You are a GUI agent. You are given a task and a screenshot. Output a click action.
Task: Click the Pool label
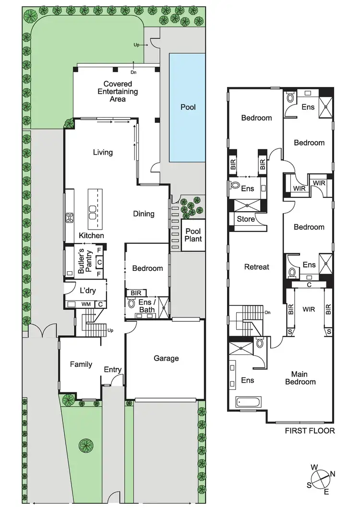(188, 107)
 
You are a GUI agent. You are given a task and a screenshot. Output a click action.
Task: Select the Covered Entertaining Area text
(118, 91)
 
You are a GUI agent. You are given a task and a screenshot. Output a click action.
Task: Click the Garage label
(166, 358)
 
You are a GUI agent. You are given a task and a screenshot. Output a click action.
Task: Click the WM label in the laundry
(86, 304)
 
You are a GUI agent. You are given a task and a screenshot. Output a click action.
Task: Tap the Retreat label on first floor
(257, 267)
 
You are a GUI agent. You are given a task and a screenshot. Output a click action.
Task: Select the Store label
(246, 219)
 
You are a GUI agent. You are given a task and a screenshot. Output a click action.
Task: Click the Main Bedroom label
(300, 378)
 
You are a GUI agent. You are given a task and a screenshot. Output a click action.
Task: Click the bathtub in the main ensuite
(248, 401)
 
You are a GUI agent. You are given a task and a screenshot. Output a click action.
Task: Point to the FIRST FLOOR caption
(310, 431)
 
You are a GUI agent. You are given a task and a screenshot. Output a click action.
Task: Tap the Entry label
(113, 370)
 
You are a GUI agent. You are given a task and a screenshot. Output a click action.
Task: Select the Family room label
(81, 364)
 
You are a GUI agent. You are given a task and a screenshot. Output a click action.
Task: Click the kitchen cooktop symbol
(70, 217)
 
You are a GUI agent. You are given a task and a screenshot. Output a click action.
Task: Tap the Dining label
(144, 214)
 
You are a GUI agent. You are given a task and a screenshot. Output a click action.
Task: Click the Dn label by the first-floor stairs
(267, 313)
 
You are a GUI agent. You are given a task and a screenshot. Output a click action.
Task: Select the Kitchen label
(91, 236)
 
